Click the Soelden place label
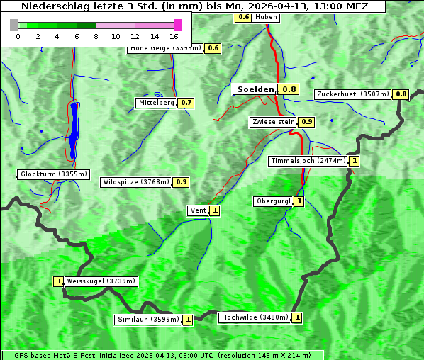coord(255,89)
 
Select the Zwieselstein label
coord(273,122)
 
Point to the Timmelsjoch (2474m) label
coord(308,161)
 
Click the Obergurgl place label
coord(273,201)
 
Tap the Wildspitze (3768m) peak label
coord(136,182)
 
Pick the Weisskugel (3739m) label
coord(101,281)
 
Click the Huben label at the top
coord(266,16)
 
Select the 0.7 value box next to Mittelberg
coord(186,103)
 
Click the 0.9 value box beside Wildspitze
coord(181,182)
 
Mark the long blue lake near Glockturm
coord(74,131)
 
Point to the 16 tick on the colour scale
coord(174,36)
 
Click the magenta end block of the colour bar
coord(177,25)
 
